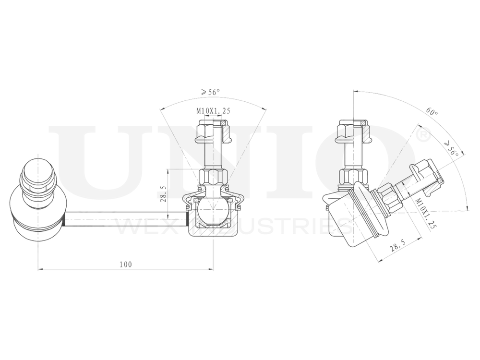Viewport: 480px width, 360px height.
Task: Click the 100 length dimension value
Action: point(126,264)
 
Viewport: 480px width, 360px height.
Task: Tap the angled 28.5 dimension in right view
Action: point(395,248)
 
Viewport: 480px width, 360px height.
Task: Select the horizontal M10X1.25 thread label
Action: point(213,111)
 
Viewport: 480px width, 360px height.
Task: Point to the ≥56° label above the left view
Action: point(210,92)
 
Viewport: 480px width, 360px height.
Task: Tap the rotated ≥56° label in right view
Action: point(452,149)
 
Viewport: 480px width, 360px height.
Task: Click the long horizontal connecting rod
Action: point(125,219)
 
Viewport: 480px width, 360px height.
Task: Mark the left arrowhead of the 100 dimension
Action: point(39,269)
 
